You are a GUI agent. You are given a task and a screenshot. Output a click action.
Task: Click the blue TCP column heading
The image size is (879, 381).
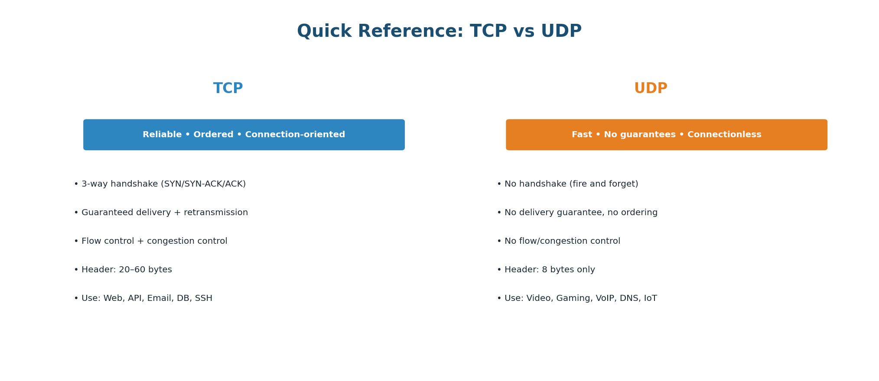point(228,89)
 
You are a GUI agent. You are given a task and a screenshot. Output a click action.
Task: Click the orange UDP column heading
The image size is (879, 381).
point(651,89)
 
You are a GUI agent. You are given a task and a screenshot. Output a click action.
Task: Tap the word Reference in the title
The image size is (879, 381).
point(410,32)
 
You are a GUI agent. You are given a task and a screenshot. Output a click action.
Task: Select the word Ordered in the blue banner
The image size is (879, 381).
point(213,135)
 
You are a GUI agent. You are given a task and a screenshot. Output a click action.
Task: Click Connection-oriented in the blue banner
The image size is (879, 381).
point(295,135)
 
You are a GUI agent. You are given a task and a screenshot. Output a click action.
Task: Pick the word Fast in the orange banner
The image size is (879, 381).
point(582,135)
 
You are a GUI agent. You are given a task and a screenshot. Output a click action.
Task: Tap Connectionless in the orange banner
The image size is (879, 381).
point(724,135)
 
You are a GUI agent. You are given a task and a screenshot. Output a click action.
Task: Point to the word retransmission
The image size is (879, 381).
point(216,213)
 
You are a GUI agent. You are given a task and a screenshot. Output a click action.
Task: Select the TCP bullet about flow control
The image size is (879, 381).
point(150,241)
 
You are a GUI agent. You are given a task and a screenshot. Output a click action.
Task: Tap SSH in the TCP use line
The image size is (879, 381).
point(204,298)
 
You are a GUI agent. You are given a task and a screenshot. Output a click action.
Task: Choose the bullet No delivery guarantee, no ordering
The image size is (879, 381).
point(577,213)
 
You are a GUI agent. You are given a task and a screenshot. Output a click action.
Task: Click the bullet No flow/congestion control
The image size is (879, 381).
point(558,241)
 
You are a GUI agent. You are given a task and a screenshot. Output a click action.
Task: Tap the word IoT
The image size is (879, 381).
point(651,298)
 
